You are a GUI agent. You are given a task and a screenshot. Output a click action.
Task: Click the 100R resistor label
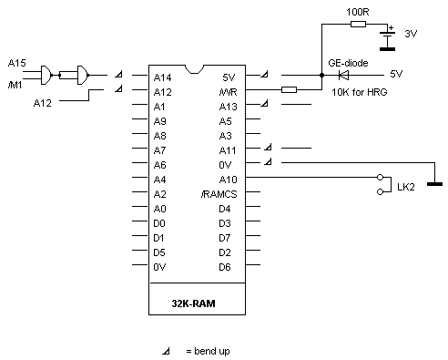[x=357, y=11]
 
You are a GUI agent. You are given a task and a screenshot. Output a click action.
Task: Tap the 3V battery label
[x=411, y=33]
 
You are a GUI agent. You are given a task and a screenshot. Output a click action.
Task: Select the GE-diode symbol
[x=345, y=75]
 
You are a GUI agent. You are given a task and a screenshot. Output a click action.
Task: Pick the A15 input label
[x=17, y=62]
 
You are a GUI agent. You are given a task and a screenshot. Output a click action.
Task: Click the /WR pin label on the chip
[x=227, y=91]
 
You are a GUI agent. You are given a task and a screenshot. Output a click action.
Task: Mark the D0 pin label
[x=159, y=222]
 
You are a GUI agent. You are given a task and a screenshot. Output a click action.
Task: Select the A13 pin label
[x=228, y=106]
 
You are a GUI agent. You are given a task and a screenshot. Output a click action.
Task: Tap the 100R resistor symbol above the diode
[x=357, y=25]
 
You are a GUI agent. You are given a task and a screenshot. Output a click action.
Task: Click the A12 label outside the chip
[x=43, y=104]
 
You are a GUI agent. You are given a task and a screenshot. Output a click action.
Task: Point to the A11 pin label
[x=228, y=149]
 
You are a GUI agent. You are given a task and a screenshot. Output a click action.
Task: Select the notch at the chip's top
[x=194, y=68]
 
